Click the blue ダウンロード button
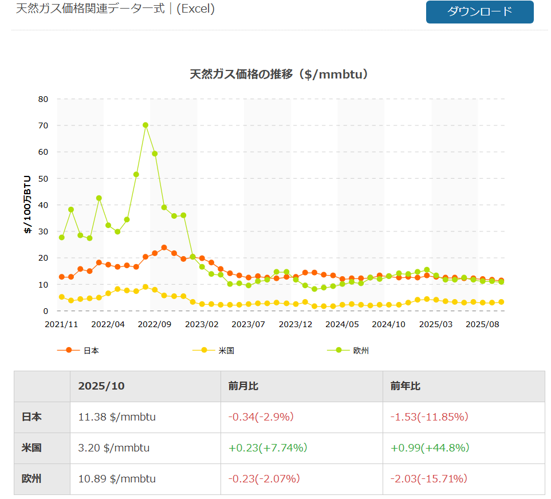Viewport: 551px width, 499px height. (x=479, y=12)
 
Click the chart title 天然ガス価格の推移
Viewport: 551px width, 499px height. (x=278, y=74)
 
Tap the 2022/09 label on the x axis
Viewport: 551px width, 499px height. (x=155, y=324)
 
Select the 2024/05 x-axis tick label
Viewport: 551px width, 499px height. (x=342, y=324)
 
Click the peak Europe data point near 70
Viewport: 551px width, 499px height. (x=145, y=125)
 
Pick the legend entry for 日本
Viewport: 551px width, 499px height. (x=90, y=351)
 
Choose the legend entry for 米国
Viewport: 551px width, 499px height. (x=226, y=351)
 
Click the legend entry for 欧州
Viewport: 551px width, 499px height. (x=361, y=351)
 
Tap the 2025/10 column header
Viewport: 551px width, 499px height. (x=101, y=386)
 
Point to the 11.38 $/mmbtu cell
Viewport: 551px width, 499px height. (x=117, y=417)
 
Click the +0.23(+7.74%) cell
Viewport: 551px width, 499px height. (x=267, y=448)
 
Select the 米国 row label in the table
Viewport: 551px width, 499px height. (x=32, y=448)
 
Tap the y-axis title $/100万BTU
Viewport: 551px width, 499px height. (x=27, y=205)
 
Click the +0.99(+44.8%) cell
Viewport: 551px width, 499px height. (x=430, y=448)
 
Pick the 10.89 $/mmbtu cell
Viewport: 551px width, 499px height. (x=117, y=479)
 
